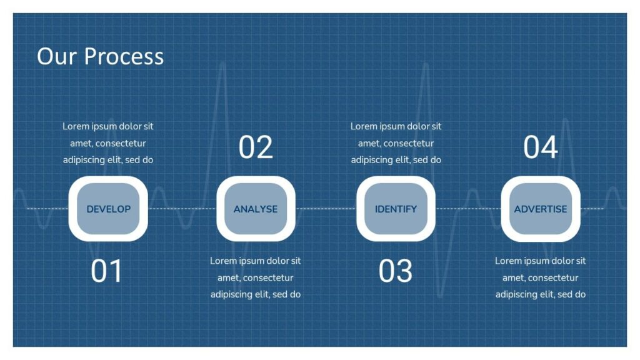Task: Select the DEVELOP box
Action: point(108,209)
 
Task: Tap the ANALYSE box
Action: point(256,209)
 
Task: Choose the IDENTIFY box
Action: point(396,209)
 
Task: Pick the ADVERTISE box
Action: point(541,209)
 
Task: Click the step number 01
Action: point(106,271)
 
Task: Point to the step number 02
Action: point(256,147)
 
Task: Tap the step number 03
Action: point(396,271)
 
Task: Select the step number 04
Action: point(541,147)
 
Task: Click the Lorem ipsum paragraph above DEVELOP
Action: point(108,143)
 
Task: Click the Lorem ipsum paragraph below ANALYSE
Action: point(256,277)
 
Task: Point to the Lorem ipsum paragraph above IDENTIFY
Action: point(396,143)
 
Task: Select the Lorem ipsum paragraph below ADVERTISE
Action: point(541,277)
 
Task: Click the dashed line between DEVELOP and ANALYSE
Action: point(182,209)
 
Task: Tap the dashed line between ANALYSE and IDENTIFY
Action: point(326,209)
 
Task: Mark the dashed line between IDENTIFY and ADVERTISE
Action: point(468,209)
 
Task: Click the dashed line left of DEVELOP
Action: point(47,209)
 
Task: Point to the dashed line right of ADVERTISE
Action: point(592,209)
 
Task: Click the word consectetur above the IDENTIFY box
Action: point(409,143)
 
